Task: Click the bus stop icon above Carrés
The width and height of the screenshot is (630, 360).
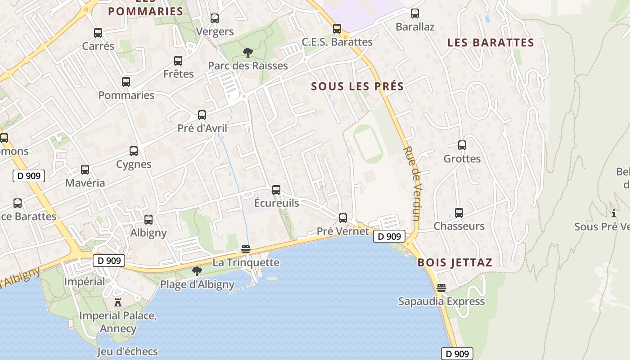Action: (98, 33)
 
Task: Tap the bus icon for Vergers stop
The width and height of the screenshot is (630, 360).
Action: (215, 18)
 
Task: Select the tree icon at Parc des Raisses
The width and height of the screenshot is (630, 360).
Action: (247, 53)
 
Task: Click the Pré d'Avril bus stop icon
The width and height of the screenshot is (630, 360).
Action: (202, 115)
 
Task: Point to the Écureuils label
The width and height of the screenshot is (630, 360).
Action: (276, 203)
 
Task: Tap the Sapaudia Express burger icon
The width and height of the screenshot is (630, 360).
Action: (441, 288)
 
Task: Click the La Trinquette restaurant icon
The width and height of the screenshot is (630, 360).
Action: (246, 249)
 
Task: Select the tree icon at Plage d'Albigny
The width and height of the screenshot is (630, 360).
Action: (197, 271)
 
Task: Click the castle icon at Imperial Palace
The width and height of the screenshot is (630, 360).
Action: (118, 302)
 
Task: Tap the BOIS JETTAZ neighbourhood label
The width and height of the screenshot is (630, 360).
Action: (455, 262)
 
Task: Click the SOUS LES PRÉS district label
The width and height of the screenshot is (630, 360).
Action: (357, 86)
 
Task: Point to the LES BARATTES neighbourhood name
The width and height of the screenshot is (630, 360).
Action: (490, 43)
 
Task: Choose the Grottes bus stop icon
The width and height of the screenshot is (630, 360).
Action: (462, 145)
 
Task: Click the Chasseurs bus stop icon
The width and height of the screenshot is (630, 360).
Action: (459, 213)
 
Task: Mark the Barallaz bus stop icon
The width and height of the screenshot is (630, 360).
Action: (415, 13)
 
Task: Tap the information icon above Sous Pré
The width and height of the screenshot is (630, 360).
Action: (613, 213)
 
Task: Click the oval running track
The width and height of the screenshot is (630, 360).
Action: (368, 144)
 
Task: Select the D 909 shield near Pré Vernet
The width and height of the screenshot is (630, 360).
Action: (389, 236)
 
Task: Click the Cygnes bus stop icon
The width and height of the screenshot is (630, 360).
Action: (134, 151)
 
